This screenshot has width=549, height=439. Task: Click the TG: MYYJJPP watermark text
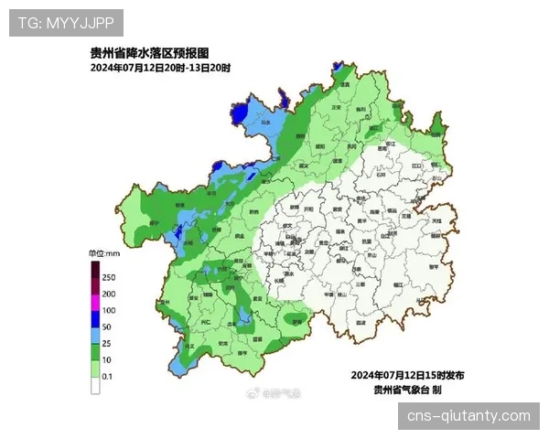coord(65,22)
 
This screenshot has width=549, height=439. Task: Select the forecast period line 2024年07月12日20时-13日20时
coord(160,69)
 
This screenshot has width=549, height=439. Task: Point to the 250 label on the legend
coord(109,277)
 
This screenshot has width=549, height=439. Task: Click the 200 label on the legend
coord(109,294)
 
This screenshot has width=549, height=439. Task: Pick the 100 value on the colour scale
coord(109,310)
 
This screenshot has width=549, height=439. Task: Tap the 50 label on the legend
coord(107,327)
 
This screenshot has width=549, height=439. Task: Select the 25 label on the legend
coord(107,343)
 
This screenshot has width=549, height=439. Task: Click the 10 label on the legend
coord(107,359)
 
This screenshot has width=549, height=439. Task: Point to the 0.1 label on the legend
coord(108,376)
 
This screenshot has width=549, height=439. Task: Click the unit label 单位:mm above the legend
coord(104,252)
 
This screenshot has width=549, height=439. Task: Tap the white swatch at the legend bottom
coord(94,385)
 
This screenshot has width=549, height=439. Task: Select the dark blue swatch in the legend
coord(94,318)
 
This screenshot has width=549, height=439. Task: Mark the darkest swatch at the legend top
coord(94,269)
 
